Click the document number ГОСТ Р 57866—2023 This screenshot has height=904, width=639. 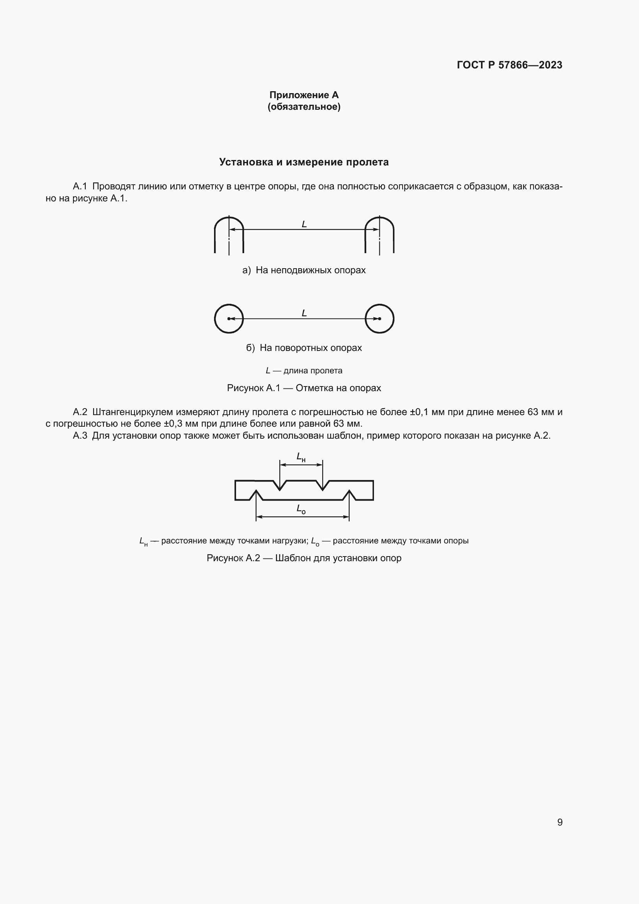[509, 65]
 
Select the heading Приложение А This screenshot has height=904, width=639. [304, 95]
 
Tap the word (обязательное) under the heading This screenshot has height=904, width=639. [304, 107]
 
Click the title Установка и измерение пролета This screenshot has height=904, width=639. [304, 162]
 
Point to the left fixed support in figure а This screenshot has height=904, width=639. [229, 235]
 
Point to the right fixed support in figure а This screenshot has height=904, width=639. [379, 235]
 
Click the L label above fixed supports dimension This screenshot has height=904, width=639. [304, 224]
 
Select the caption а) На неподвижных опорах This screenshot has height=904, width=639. [304, 270]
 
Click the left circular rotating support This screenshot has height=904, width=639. [229, 318]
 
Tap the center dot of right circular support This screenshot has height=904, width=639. [380, 318]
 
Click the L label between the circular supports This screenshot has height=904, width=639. [304, 313]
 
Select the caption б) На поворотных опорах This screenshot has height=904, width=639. [304, 348]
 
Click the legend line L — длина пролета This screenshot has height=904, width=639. [304, 371]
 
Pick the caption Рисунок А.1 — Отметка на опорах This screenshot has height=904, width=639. [304, 388]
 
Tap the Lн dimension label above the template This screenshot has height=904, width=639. [301, 457]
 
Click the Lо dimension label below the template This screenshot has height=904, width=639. [301, 509]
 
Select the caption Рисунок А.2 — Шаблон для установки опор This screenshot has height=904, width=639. [304, 558]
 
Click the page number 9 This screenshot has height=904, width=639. [559, 822]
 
